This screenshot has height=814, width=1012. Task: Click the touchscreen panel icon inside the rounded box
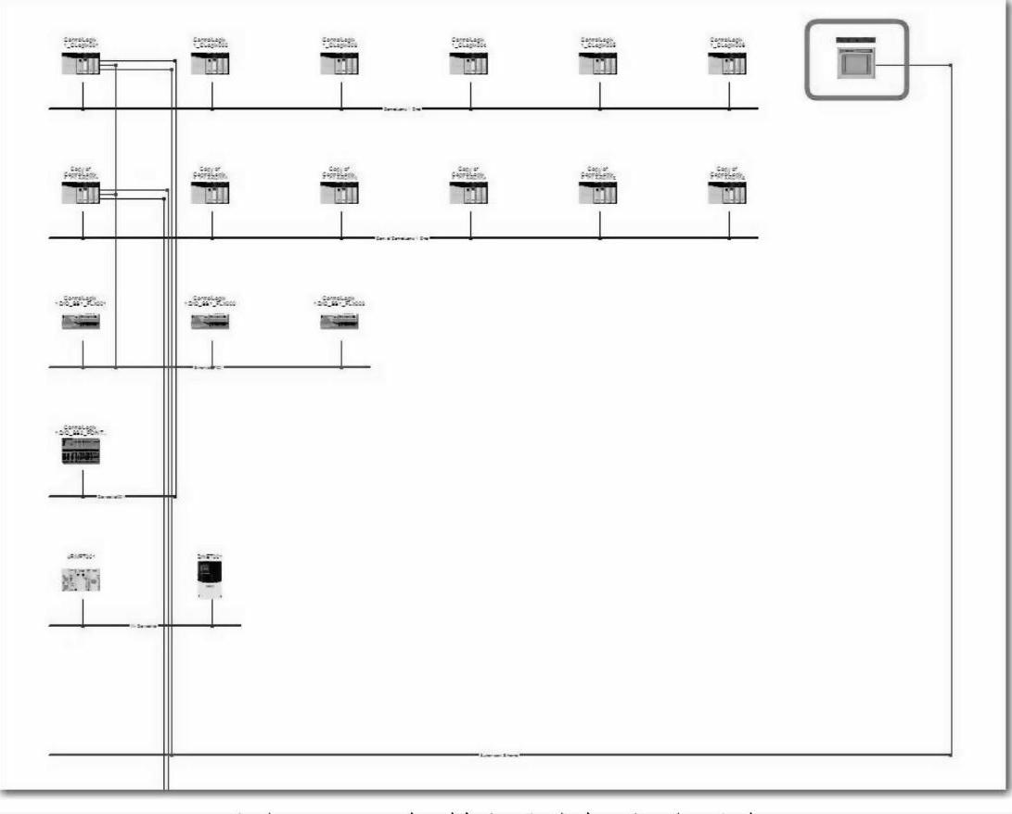point(854,63)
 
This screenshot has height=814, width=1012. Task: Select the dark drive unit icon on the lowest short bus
point(211,579)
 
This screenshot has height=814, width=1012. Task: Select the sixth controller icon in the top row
point(727,64)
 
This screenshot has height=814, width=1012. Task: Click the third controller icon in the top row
point(339,64)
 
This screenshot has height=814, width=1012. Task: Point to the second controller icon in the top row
point(211,64)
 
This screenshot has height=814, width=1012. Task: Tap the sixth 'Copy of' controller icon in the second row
point(727,193)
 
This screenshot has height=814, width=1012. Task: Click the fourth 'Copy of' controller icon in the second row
point(468,193)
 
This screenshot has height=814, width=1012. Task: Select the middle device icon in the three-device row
point(211,321)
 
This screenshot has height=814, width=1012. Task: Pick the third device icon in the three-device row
point(339,321)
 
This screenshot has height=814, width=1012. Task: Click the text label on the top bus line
point(404,108)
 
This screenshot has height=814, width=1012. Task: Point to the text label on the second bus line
point(402,238)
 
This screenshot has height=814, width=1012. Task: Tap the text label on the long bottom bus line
point(498,755)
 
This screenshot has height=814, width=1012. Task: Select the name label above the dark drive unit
point(211,556)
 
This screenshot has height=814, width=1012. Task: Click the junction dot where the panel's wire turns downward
point(952,65)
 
